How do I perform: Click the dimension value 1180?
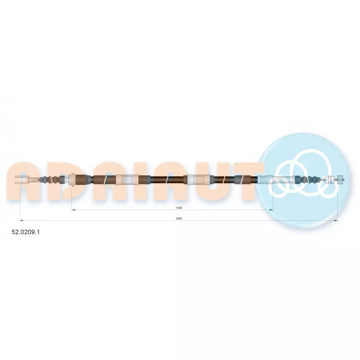(179, 208)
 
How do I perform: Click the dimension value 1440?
(179, 219)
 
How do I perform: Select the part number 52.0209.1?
(26, 232)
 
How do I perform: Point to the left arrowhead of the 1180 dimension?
(73, 210)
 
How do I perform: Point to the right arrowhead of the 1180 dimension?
(271, 210)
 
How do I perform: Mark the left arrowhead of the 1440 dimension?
(22, 220)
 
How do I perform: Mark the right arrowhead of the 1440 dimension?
(336, 220)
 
